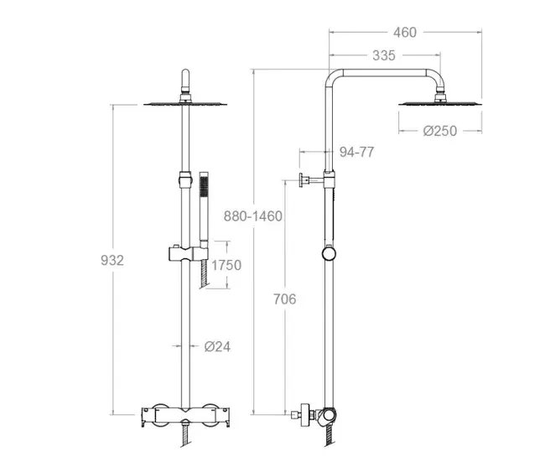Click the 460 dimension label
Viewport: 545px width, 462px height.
(x=405, y=33)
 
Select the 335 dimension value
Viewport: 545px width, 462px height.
(x=384, y=55)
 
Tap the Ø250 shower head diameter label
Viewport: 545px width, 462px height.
(x=439, y=131)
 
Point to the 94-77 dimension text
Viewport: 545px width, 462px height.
(x=357, y=152)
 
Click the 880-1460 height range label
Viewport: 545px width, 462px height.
(x=252, y=216)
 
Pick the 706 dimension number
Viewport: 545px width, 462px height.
(x=285, y=299)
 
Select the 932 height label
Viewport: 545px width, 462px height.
(x=112, y=260)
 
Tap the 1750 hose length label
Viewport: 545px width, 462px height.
(x=226, y=265)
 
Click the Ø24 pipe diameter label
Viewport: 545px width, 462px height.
(x=217, y=346)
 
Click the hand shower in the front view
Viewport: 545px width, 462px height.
(x=204, y=210)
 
